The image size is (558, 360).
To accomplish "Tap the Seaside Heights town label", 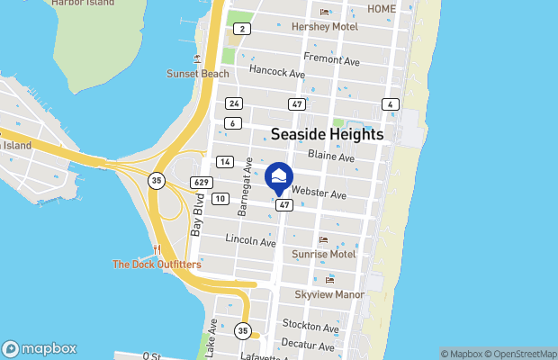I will pyautogui.click(x=328, y=134).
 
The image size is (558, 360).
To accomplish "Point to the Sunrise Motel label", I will pyautogui.click(x=324, y=255).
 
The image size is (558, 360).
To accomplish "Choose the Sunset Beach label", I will pyautogui.click(x=192, y=73).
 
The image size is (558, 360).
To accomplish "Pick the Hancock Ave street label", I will pyautogui.click(x=277, y=70).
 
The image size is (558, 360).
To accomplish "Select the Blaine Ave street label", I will pyautogui.click(x=331, y=157).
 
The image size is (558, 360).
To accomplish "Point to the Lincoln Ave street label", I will pyautogui.click(x=250, y=241).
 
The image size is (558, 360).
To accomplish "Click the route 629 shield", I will pyautogui.click(x=202, y=183).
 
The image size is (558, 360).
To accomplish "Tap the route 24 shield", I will pyautogui.click(x=234, y=103).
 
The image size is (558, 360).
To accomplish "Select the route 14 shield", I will pyautogui.click(x=225, y=162).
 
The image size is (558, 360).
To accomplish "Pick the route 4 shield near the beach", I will pyautogui.click(x=390, y=104).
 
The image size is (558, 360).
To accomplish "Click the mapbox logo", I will pyautogui.click(x=40, y=348).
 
